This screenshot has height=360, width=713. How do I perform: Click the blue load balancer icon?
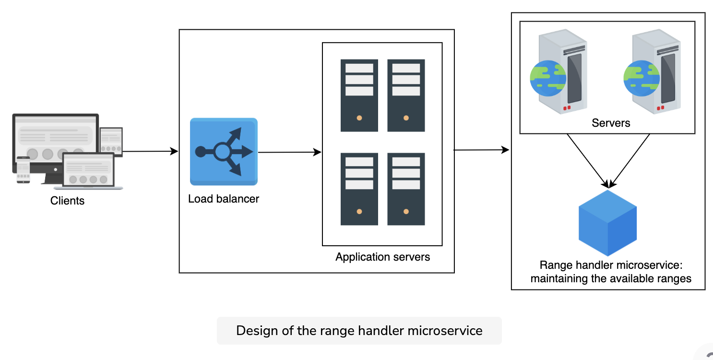[224, 152]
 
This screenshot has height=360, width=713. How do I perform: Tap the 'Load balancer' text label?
[224, 199]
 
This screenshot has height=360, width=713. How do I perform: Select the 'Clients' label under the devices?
[68, 201]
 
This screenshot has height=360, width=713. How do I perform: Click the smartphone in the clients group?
[23, 170]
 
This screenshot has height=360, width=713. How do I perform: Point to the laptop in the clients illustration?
[88, 171]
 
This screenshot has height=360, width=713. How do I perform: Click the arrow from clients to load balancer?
[150, 151]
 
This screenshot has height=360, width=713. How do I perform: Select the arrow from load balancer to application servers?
[290, 152]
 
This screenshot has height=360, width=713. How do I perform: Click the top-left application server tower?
[359, 95]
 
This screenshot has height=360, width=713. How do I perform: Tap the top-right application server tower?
[406, 95]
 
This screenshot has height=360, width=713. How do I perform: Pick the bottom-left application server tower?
[359, 189]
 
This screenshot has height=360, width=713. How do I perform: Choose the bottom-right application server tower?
[406, 189]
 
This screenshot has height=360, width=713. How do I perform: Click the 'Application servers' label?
[382, 257]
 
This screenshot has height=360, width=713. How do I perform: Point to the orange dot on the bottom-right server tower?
[406, 212]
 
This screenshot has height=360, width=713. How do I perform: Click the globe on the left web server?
[548, 78]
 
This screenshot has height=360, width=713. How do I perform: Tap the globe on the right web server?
[642, 78]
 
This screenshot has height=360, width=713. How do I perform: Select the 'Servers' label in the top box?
[611, 123]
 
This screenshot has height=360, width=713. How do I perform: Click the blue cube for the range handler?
[607, 223]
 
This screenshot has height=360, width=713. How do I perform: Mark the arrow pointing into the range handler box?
[482, 150]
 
